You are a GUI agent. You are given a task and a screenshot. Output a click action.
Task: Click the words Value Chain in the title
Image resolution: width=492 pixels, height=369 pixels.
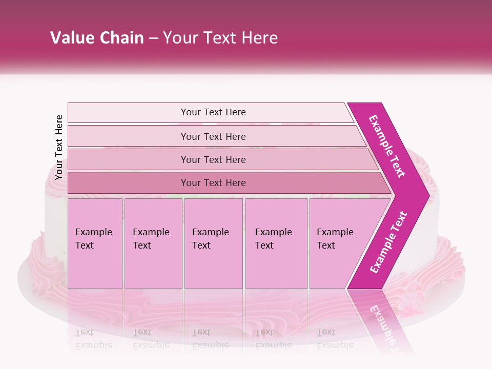[97, 38]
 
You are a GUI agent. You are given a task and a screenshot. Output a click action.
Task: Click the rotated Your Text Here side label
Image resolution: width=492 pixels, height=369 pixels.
[59, 147]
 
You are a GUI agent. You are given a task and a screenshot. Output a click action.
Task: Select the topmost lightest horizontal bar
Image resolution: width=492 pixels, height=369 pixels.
[128, 112]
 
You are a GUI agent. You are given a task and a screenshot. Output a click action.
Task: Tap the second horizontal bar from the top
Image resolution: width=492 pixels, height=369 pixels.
[128, 136]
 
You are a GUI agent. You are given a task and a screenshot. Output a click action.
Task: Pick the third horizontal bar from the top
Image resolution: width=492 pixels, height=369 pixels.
[128, 159]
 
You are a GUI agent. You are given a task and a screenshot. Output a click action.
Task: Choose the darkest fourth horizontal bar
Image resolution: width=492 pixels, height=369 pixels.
[128, 183]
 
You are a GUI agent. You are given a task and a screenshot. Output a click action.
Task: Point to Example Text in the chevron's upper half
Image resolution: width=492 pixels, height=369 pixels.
[387, 146]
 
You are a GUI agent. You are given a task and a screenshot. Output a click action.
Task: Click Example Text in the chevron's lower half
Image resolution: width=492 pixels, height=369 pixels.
[388, 242]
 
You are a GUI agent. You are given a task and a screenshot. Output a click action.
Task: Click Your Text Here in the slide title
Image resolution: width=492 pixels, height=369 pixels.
[220, 38]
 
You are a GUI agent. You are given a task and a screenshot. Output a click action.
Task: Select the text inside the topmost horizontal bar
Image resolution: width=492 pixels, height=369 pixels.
[213, 112]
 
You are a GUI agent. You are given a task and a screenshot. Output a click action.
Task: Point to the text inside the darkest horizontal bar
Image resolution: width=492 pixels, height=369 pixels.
[213, 183]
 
